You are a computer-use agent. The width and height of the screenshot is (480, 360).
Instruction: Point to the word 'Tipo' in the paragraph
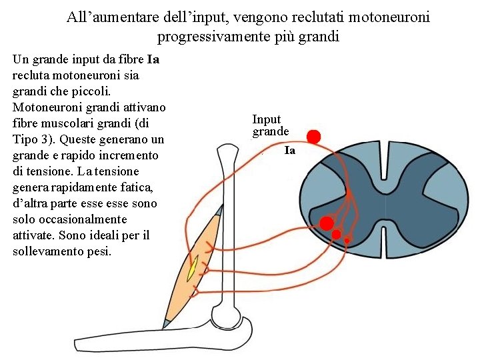(x=26, y=140)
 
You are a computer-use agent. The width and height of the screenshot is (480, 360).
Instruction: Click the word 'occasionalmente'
(x=81, y=219)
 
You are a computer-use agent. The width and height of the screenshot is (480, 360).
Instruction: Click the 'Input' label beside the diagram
(x=267, y=119)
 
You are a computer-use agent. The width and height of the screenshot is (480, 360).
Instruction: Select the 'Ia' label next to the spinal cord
(x=289, y=151)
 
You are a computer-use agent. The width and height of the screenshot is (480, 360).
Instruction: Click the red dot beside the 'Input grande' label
(x=313, y=137)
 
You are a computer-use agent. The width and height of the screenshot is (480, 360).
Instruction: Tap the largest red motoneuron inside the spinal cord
(x=327, y=223)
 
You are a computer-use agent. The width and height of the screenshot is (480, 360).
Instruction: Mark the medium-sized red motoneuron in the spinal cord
(x=337, y=234)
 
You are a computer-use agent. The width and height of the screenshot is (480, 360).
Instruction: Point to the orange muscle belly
(x=190, y=267)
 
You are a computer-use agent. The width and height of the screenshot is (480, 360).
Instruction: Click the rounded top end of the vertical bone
(x=227, y=155)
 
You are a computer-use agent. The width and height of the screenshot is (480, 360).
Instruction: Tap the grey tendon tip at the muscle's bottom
(x=166, y=323)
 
